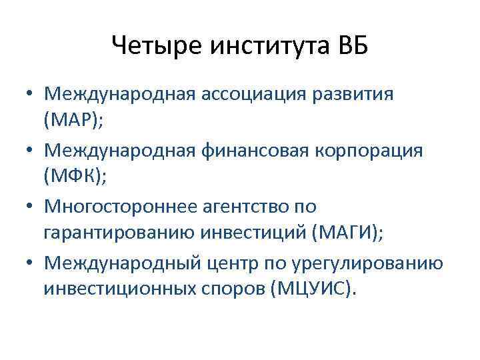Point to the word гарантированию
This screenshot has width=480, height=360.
point(119,235)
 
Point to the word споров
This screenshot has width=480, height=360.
point(228,291)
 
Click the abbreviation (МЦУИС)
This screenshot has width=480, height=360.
point(311,291)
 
